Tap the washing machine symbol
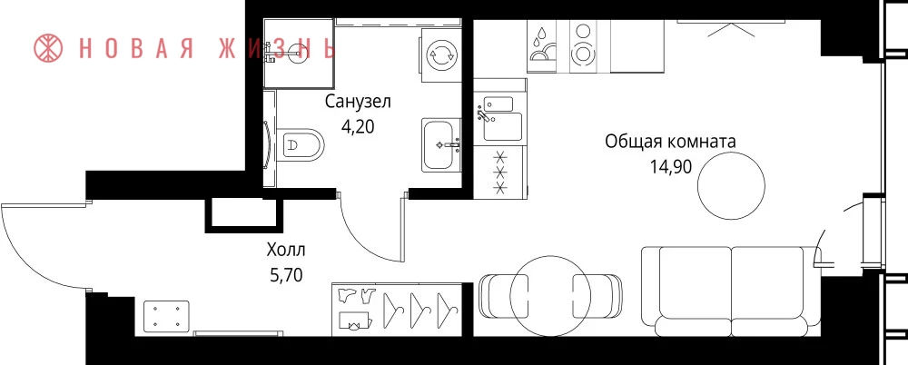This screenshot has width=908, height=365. click(441, 56)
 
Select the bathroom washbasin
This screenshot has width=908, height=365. click(441, 145)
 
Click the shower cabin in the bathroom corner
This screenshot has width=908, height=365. click(299, 53)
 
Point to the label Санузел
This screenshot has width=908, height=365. click(358, 102)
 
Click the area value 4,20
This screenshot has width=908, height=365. click(358, 126)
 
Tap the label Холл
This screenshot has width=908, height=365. click(285, 251)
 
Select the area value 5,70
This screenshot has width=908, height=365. click(287, 275)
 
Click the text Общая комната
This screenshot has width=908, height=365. click(670, 142)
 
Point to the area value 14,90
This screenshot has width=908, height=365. click(671, 167)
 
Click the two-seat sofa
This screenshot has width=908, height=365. click(731, 291)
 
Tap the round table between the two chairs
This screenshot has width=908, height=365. click(550, 297)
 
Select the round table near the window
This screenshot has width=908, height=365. click(731, 186)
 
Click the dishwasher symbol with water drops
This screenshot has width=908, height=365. click(541, 46)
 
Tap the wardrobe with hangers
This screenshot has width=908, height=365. click(397, 309)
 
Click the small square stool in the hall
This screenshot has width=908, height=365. click(166, 316)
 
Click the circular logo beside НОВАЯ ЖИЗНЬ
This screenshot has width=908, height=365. click(49, 48)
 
